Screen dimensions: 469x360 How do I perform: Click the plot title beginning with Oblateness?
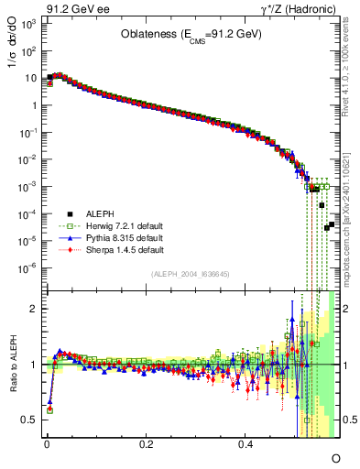(189, 33)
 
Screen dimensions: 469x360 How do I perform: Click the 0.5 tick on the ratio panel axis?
(31, 420)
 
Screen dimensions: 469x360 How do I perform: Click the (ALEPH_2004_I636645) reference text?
(189, 273)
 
